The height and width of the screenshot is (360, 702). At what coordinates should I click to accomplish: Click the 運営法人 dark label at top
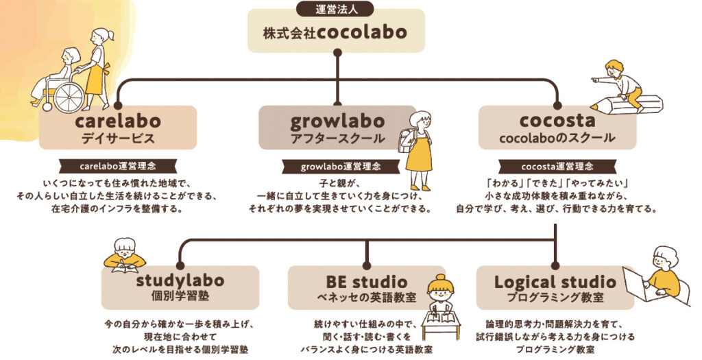coord(336,9)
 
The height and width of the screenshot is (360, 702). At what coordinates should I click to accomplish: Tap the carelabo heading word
coord(117,121)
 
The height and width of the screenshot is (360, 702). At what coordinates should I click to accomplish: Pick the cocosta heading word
coord(556,121)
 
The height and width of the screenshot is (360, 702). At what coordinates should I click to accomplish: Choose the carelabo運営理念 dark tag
coord(117,166)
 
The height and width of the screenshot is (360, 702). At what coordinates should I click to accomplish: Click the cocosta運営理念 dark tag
coord(556,166)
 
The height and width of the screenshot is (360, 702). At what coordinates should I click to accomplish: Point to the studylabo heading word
coord(180,281)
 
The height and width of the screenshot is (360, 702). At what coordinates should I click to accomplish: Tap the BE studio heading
coord(366,281)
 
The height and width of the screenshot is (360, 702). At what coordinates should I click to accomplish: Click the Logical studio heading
coord(555,281)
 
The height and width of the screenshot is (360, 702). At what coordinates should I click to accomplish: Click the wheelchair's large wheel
coord(69,97)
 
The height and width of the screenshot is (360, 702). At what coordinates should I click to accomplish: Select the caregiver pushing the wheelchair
coord(97,65)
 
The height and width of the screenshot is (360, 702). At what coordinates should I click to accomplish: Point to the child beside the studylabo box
coord(124,255)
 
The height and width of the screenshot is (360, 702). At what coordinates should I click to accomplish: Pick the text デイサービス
coord(117,138)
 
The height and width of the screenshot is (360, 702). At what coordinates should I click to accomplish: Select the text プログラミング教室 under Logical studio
coord(555,298)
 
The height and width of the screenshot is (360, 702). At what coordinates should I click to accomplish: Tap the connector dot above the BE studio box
coord(366,265)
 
